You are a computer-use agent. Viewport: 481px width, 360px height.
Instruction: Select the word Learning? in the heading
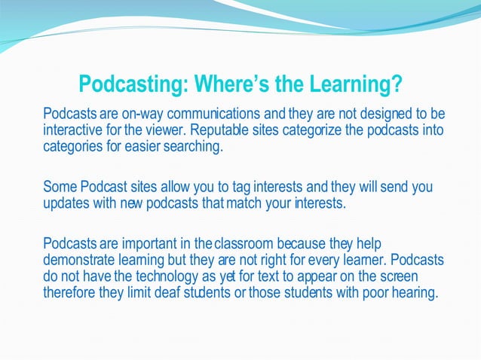click(356, 84)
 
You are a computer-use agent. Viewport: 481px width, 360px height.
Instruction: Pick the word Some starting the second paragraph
click(59, 186)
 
